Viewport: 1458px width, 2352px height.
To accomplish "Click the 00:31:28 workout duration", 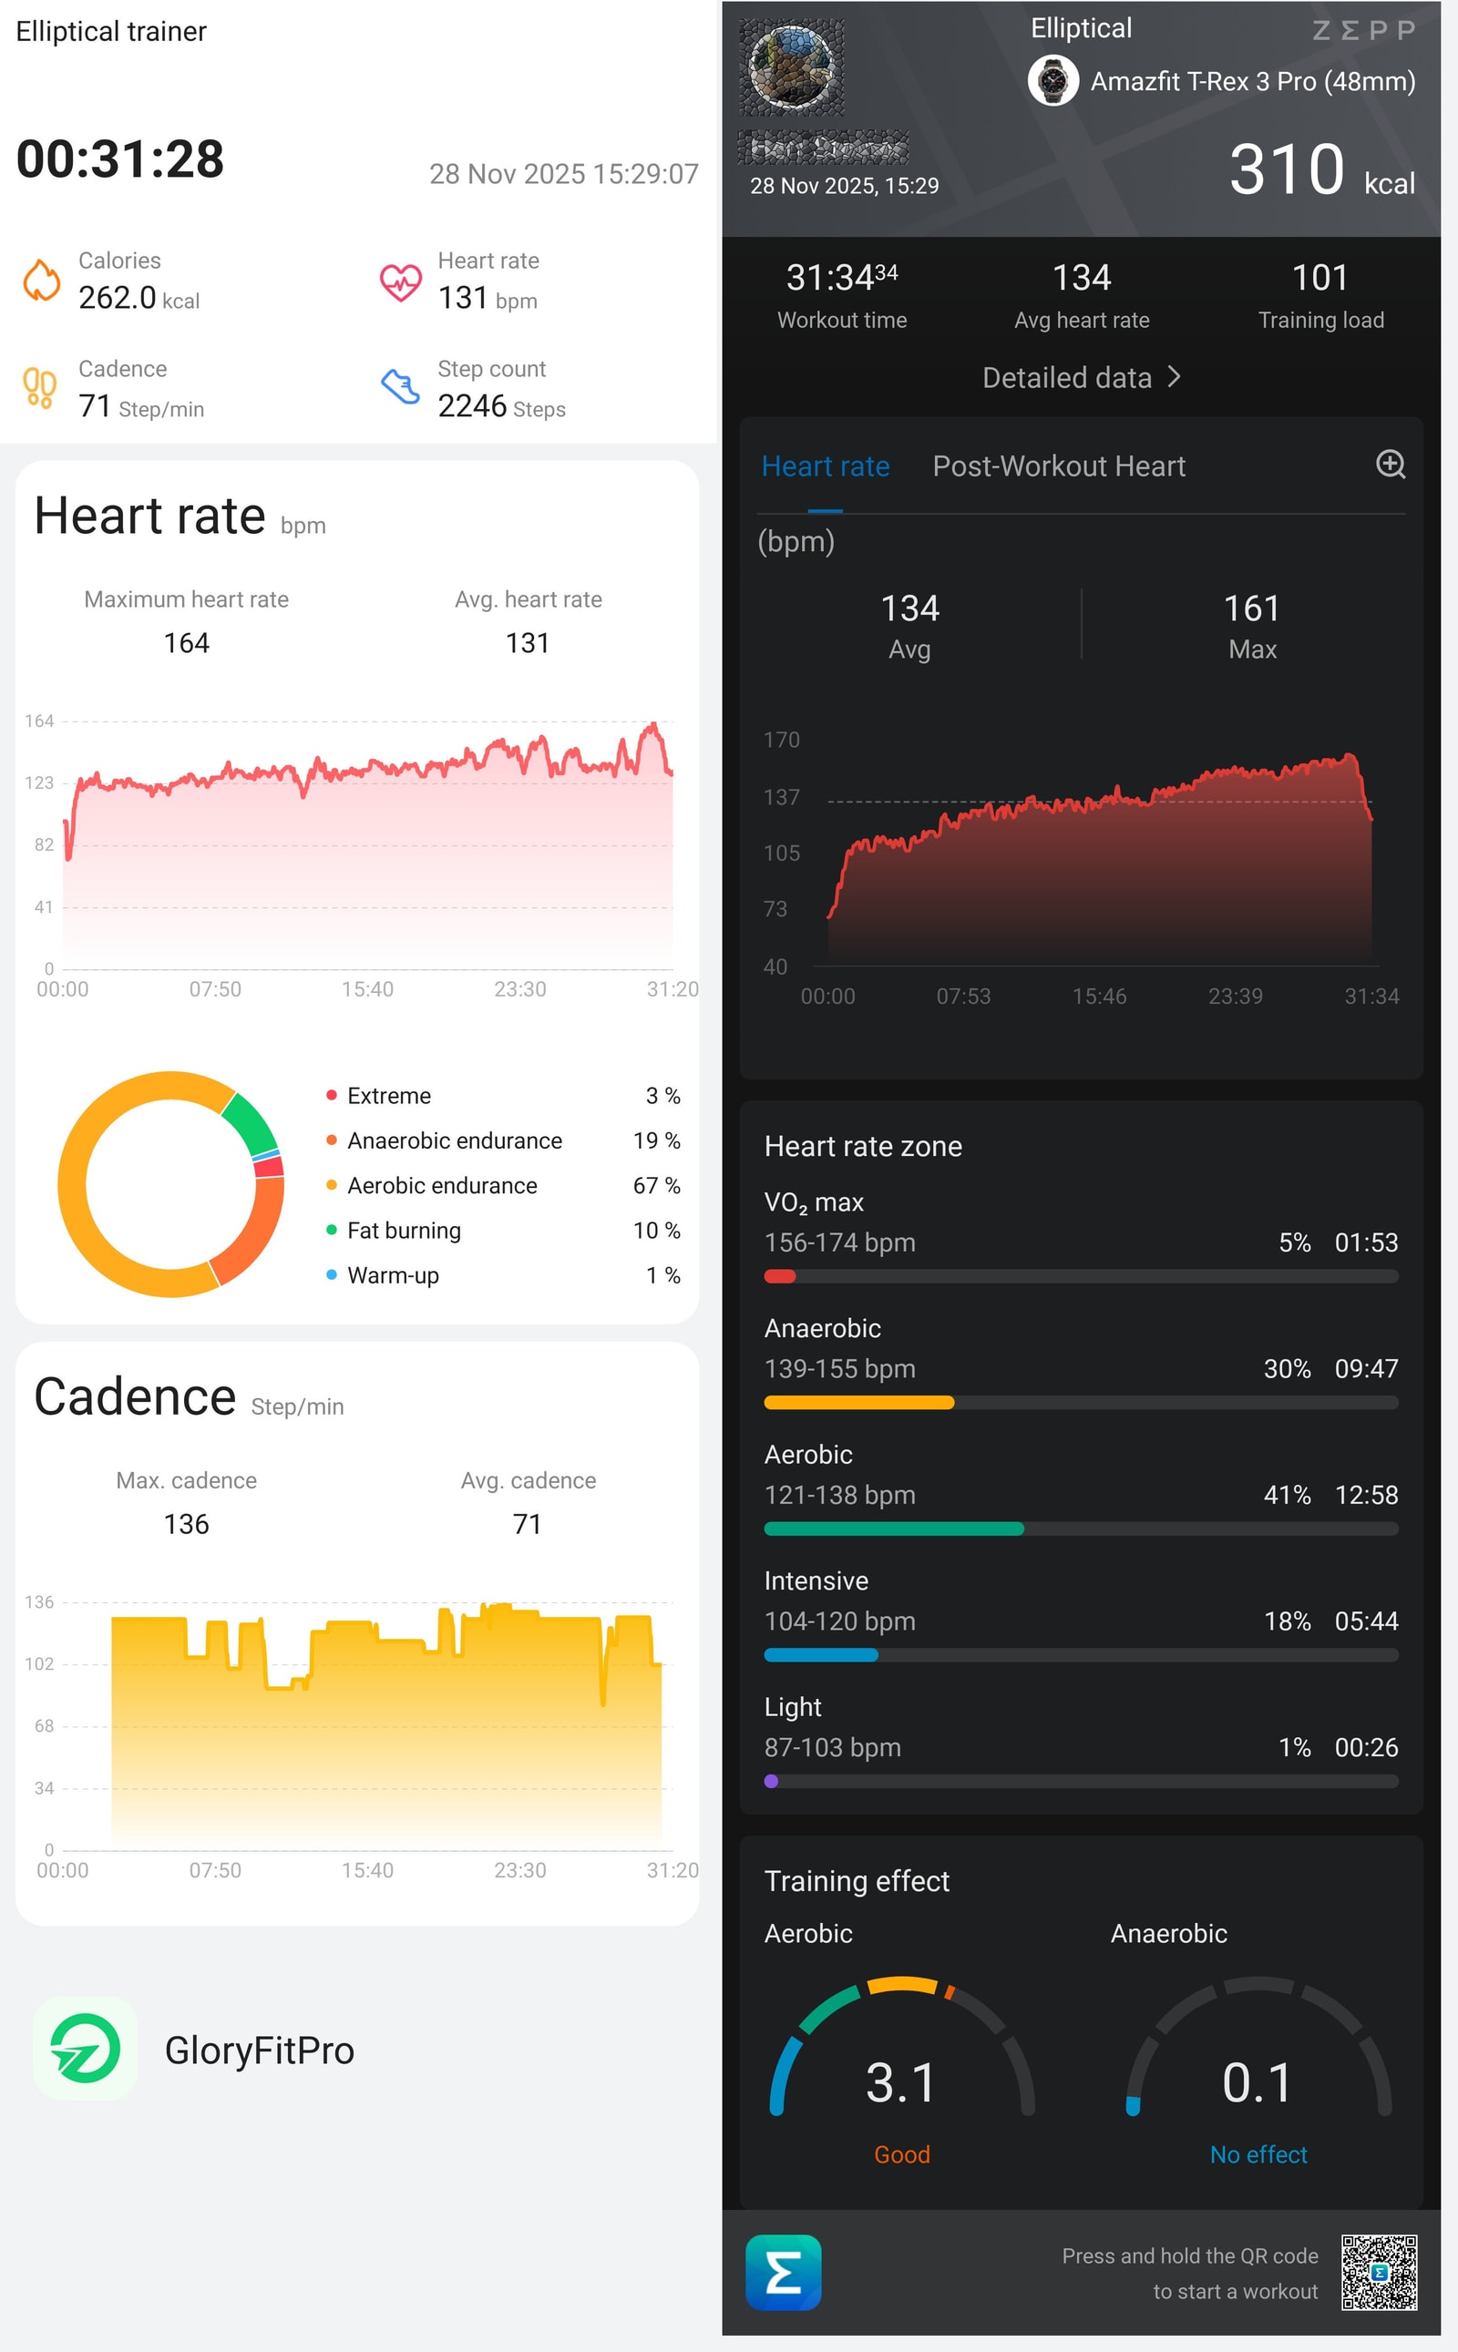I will click(x=120, y=159).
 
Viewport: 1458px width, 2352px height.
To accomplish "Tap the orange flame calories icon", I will click(x=42, y=281).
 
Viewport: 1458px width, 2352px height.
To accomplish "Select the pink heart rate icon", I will click(x=400, y=281).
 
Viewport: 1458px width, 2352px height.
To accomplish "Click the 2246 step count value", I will click(x=473, y=406).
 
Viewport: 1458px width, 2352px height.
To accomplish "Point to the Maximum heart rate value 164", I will click(x=186, y=643).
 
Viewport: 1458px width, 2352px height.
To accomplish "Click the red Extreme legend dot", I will click(x=332, y=1095).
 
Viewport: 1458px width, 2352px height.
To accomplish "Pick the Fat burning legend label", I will click(x=404, y=1230).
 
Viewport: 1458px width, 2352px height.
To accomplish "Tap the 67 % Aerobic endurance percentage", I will click(x=656, y=1186).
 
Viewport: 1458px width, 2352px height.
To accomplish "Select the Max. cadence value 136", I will click(x=186, y=1524).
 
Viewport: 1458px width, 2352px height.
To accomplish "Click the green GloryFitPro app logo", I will click(x=85, y=2050).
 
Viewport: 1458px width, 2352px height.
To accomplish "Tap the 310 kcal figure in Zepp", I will click(x=1287, y=170).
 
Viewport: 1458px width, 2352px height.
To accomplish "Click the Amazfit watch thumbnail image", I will click(x=1053, y=81).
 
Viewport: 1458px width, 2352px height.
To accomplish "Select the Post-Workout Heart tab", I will click(x=1058, y=466).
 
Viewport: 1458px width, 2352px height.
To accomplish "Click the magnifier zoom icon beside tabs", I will click(x=1390, y=465).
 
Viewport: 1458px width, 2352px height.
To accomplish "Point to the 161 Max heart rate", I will click(x=1252, y=608).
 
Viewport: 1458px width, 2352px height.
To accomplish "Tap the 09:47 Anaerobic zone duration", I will click(x=1365, y=1369).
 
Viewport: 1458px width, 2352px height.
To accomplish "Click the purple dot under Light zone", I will click(x=771, y=1782).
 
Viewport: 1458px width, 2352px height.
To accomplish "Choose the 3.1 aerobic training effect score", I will click(x=900, y=2082).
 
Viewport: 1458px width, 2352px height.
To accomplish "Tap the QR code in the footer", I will click(x=1379, y=2272).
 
